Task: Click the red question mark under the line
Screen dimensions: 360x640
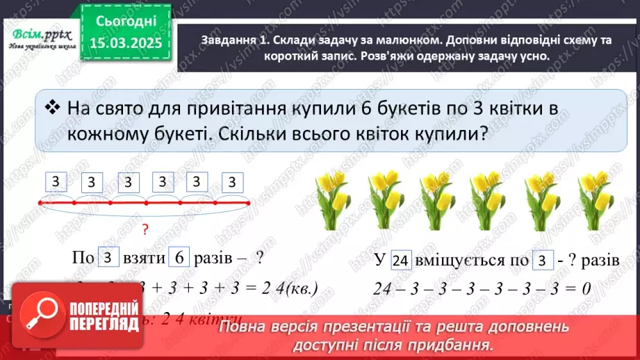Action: click(145, 229)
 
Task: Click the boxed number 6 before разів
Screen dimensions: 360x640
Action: click(179, 258)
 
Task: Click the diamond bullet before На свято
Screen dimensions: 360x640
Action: click(51, 107)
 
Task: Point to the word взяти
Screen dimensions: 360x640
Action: click(144, 259)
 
